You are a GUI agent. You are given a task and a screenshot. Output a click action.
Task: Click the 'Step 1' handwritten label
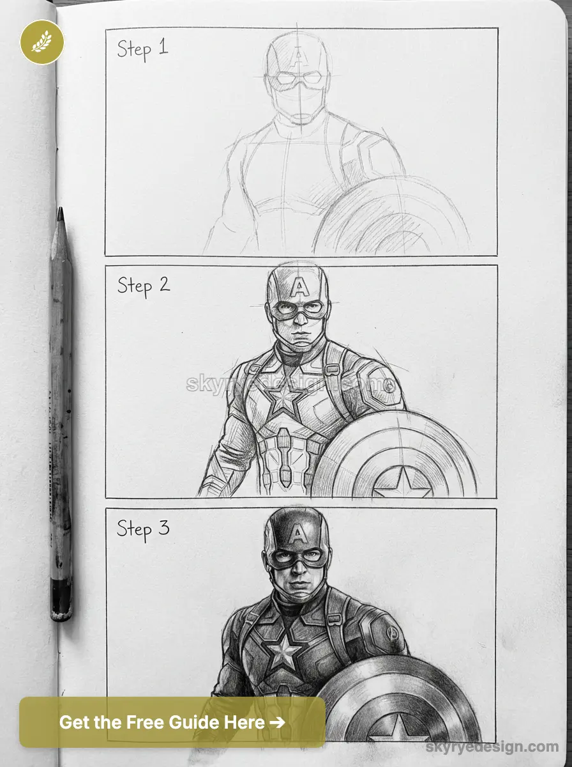click(142, 49)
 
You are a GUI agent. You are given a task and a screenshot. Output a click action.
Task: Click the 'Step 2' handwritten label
click(143, 285)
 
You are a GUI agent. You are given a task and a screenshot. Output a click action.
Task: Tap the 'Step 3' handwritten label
click(142, 529)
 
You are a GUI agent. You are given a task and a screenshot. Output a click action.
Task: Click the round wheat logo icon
click(42, 42)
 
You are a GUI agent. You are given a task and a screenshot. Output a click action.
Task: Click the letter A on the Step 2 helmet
click(298, 287)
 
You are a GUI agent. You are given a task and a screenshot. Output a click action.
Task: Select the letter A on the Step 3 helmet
click(297, 532)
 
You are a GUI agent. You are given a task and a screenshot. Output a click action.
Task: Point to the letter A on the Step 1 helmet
click(297, 56)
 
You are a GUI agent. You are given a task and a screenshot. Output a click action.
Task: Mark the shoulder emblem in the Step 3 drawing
click(393, 634)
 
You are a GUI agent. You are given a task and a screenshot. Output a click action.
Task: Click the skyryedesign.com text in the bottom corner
click(492, 746)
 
